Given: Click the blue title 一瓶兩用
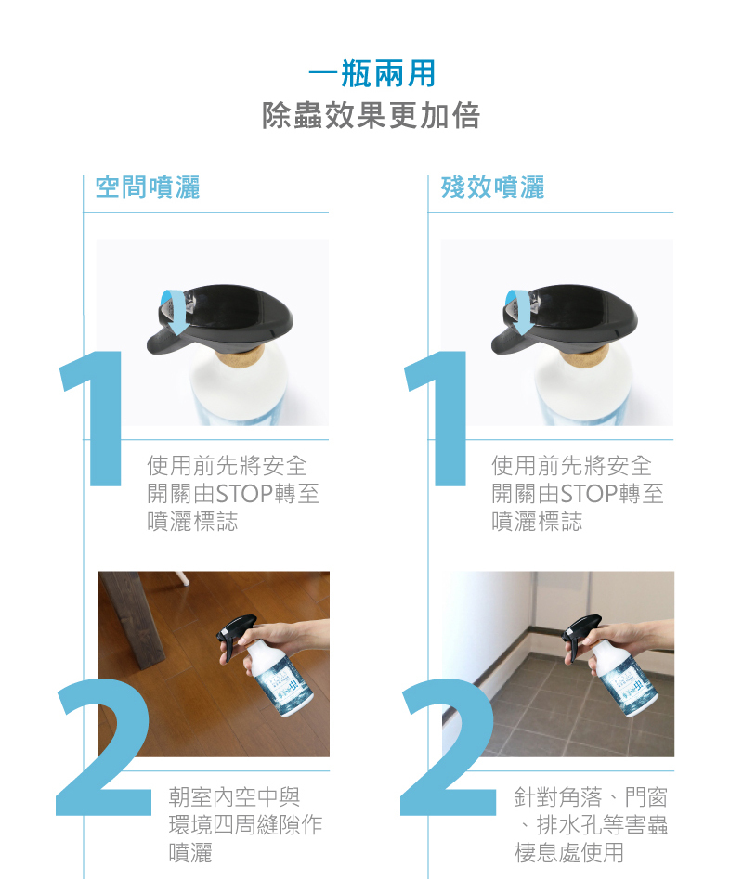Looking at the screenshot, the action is tap(371, 73).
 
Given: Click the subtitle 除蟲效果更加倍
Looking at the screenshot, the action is tap(371, 115).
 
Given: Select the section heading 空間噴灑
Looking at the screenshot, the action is tap(148, 187).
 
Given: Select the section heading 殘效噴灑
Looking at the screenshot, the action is tap(492, 187).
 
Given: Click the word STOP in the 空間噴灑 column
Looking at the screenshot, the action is tap(244, 494).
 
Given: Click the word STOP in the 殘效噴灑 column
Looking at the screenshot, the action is tap(590, 494).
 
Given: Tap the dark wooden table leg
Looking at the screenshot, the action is tap(131, 616).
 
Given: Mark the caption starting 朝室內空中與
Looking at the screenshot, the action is tap(245, 824).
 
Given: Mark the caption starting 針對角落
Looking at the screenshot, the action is tap(591, 824).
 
